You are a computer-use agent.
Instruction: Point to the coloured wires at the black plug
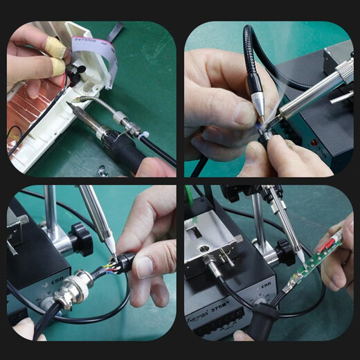pyautogui.click(x=109, y=265)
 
